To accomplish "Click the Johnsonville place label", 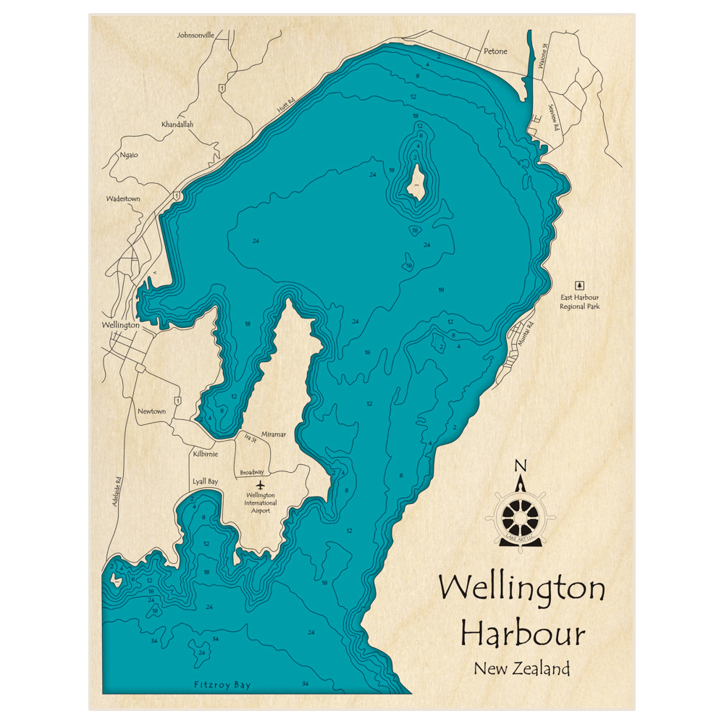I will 195,34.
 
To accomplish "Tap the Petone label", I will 495,51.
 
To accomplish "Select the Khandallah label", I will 177,125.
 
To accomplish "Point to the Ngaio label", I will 130,155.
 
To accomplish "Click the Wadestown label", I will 123,198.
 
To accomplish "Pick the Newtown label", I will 152,411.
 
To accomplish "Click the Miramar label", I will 274,434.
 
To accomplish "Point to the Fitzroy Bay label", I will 222,684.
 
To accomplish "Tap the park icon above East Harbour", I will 579,285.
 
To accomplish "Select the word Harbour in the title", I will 523,633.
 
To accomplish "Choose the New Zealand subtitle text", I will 522,668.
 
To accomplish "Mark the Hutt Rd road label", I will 285,106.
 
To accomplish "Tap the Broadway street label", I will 252,472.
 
